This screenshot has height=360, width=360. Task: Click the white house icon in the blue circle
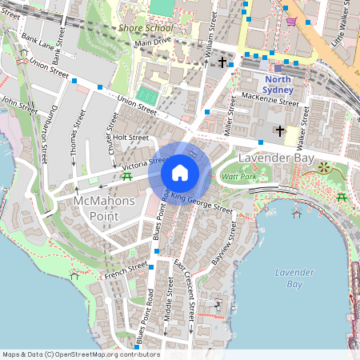180,173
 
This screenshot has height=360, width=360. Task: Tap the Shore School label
145,28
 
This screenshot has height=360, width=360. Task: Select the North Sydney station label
278,85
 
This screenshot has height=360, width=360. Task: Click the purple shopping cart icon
291,22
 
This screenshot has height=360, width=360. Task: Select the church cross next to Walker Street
279,130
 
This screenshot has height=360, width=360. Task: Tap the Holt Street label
131,137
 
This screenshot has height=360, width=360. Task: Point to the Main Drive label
154,42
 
